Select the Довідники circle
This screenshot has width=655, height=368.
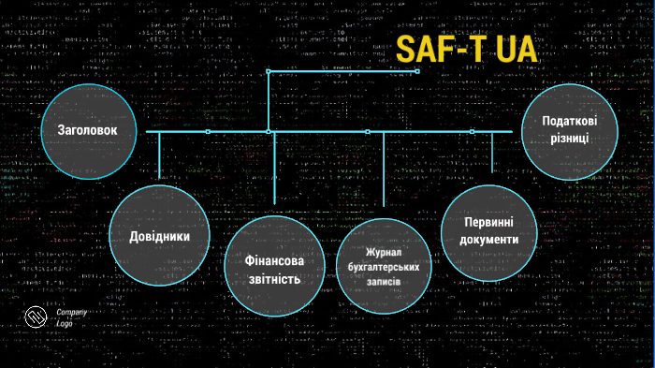(x=159, y=236)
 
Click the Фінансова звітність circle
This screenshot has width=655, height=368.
(x=274, y=268)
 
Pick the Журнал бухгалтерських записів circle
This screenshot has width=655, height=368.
(x=383, y=266)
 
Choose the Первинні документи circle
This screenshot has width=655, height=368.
(x=489, y=230)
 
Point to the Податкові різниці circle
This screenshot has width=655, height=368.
(x=570, y=128)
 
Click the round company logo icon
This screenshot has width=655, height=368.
(x=36, y=319)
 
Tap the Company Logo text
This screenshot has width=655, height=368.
(x=71, y=316)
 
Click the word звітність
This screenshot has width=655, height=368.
(x=274, y=279)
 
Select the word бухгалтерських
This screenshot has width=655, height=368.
(x=383, y=267)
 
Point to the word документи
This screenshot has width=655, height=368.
(x=489, y=241)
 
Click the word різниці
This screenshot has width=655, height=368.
(x=570, y=139)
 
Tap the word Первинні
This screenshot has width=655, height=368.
(x=489, y=221)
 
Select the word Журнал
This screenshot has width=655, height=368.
(x=383, y=253)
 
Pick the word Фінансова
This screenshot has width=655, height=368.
(x=274, y=258)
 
